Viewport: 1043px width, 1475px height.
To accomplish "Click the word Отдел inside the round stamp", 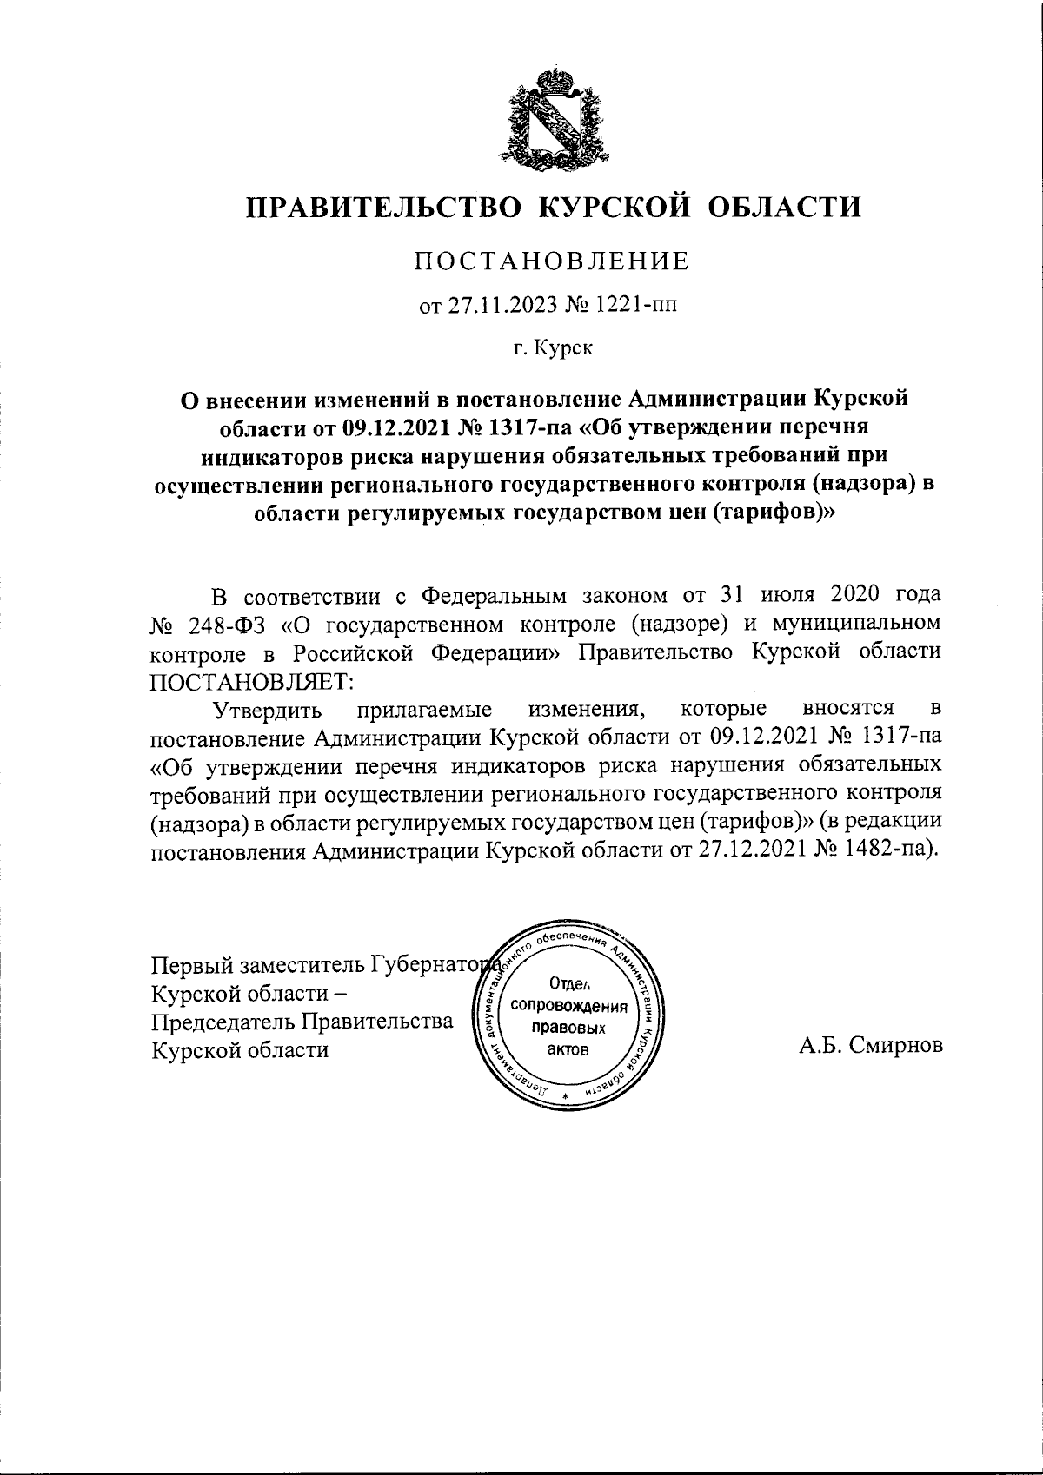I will pos(570,984).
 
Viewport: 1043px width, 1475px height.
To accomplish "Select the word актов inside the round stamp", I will pos(569,1049).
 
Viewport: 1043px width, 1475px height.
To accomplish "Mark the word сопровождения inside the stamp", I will pos(570,1007).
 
